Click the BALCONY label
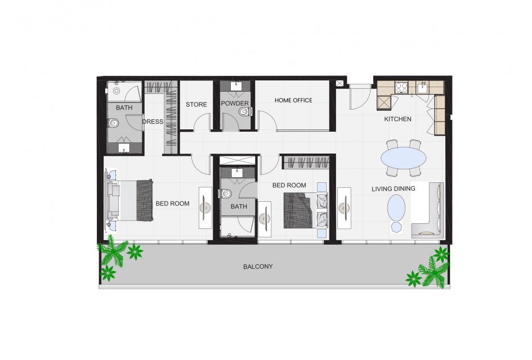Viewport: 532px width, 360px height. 258,267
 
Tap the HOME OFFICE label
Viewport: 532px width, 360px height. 293,100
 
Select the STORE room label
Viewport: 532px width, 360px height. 196,105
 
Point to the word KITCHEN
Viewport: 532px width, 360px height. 397,119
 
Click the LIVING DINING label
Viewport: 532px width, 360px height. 394,189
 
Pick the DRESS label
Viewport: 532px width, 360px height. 153,121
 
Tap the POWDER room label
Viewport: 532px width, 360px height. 235,103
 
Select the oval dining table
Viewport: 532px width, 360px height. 404,157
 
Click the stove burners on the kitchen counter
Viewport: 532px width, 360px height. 402,87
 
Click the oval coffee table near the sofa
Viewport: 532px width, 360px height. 396,209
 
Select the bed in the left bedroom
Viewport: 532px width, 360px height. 130,200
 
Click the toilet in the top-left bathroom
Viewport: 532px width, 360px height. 113,123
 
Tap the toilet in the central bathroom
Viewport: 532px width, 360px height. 226,194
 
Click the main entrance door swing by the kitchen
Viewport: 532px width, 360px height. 360,98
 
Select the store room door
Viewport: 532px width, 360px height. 203,122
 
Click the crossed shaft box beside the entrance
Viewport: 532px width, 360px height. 339,83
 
